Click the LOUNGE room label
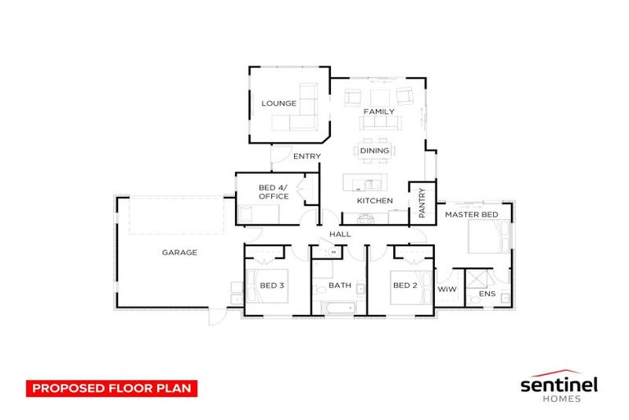tap(278, 103)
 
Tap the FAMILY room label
tap(379, 112)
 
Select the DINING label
tap(374, 151)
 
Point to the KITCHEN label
tap(375, 200)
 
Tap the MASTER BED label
tap(471, 214)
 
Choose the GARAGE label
tap(179, 253)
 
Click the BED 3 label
tap(272, 285)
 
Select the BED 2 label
tap(405, 285)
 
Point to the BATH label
tap(339, 285)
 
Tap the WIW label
tap(446, 290)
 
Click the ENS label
tap(487, 294)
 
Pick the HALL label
tap(340, 235)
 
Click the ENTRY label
tap(306, 156)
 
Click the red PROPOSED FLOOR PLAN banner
tap(112, 387)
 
